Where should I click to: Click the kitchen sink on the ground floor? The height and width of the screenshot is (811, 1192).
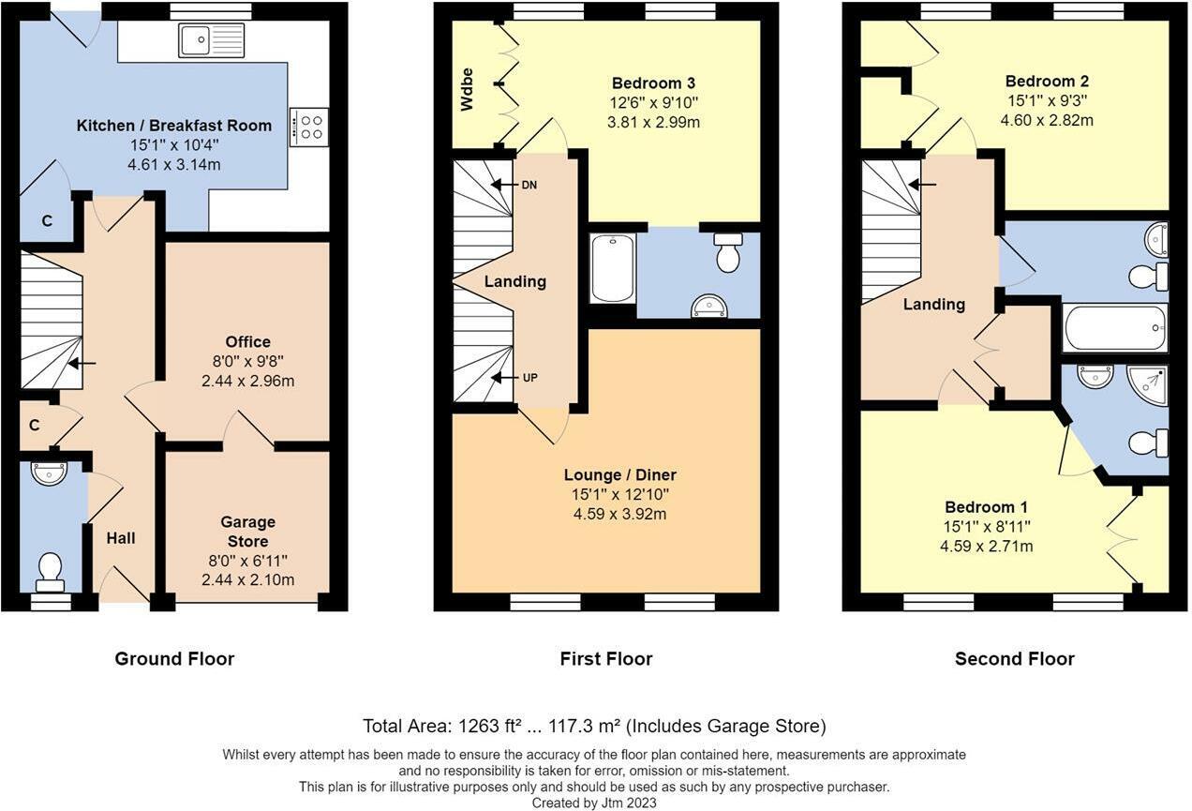pos(212,40)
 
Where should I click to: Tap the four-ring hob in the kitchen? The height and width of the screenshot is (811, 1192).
pos(309,126)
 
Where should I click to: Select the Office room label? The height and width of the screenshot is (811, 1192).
pos(247,342)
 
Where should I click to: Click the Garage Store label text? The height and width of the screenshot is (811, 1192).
pos(247,532)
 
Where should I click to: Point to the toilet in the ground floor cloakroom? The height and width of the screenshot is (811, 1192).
pos(50,570)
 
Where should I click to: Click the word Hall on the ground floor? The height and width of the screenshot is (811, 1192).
pos(120,538)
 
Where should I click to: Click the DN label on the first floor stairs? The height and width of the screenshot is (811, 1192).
pos(529,185)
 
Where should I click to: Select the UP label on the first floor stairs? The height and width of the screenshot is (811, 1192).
pos(529,378)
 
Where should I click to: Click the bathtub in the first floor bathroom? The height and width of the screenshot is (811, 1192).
pos(612,268)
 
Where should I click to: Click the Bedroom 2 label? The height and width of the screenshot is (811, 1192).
pos(1047,82)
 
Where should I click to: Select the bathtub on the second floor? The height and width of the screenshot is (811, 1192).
pos(1115,327)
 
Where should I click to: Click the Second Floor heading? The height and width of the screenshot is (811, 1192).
pos(1014,659)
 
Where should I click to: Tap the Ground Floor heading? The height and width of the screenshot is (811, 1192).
pos(174,659)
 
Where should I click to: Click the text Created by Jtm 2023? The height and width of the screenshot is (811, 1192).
pos(594,803)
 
